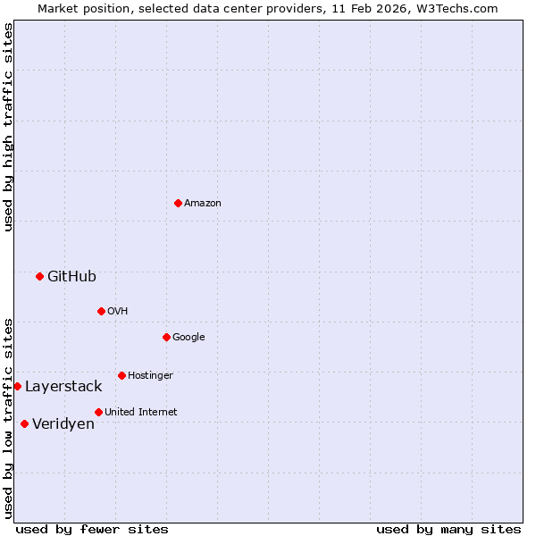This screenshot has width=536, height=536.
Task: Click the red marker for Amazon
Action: click(178, 203)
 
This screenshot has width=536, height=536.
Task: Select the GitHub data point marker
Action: click(39, 276)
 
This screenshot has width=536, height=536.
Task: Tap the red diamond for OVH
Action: click(101, 311)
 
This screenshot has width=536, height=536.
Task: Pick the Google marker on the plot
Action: click(166, 337)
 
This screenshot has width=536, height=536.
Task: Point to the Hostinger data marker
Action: click(121, 375)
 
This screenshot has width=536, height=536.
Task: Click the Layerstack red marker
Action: click(17, 386)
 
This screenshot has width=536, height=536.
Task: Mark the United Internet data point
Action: click(98, 412)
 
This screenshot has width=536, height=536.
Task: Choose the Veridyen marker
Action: click(24, 423)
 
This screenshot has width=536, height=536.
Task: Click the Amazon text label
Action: click(203, 203)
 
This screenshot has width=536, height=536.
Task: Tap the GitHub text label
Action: click(71, 276)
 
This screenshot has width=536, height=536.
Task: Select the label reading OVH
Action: click(118, 311)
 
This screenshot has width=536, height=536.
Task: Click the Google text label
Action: click(188, 337)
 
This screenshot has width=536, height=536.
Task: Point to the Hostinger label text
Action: click(150, 375)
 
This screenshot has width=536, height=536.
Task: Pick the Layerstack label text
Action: click(63, 386)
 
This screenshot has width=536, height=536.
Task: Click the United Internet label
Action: click(140, 412)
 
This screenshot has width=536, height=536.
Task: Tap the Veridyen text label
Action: click(63, 423)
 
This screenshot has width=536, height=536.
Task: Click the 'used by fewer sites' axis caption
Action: click(92, 529)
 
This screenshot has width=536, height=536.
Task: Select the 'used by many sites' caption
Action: click(448, 529)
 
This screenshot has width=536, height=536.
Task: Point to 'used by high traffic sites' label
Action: click(8, 127)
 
